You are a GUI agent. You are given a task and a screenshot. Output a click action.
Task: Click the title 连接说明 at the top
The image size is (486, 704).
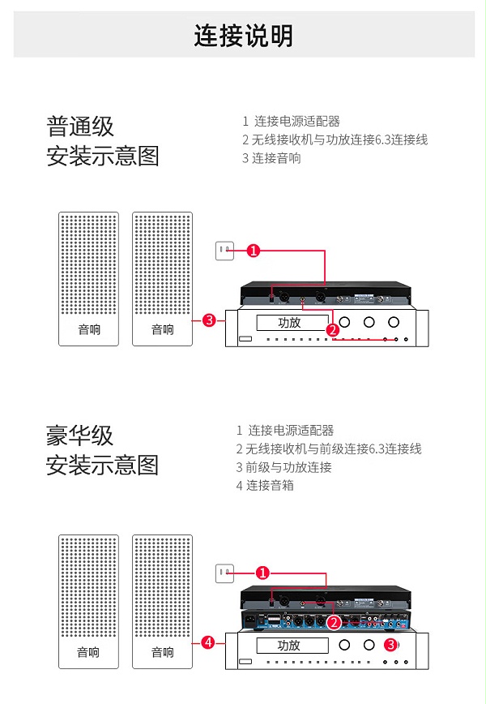243,36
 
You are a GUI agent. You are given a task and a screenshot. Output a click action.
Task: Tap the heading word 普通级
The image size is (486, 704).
80,127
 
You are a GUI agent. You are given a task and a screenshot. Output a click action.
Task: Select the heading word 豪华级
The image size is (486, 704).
79,436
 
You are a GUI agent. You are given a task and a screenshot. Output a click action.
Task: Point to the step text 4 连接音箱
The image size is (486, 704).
265,486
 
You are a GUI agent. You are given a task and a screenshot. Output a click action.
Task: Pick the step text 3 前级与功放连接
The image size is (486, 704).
283,467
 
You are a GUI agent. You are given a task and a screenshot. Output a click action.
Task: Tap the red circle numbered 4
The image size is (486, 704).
208,642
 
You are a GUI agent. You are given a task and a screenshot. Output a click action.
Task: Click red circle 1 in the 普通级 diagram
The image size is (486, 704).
254,251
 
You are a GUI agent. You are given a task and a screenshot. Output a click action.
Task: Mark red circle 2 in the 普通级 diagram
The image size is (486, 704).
332,330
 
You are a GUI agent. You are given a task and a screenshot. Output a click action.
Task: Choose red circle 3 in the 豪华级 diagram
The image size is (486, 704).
390,645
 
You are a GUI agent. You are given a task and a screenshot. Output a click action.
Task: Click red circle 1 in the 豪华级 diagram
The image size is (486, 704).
262,573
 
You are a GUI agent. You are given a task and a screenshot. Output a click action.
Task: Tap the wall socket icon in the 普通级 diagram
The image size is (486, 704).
224,251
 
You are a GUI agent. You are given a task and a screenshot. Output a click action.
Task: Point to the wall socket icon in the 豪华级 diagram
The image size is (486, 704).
224,573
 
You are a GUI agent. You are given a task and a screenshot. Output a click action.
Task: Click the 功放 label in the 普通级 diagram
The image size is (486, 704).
289,322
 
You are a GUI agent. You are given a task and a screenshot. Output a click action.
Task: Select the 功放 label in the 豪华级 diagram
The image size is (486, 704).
289,646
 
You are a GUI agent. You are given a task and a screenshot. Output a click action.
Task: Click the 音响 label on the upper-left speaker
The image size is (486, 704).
89,330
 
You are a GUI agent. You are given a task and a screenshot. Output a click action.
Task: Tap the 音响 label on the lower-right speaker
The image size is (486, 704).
162,652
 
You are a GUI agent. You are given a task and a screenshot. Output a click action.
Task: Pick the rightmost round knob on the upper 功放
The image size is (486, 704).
394,322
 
